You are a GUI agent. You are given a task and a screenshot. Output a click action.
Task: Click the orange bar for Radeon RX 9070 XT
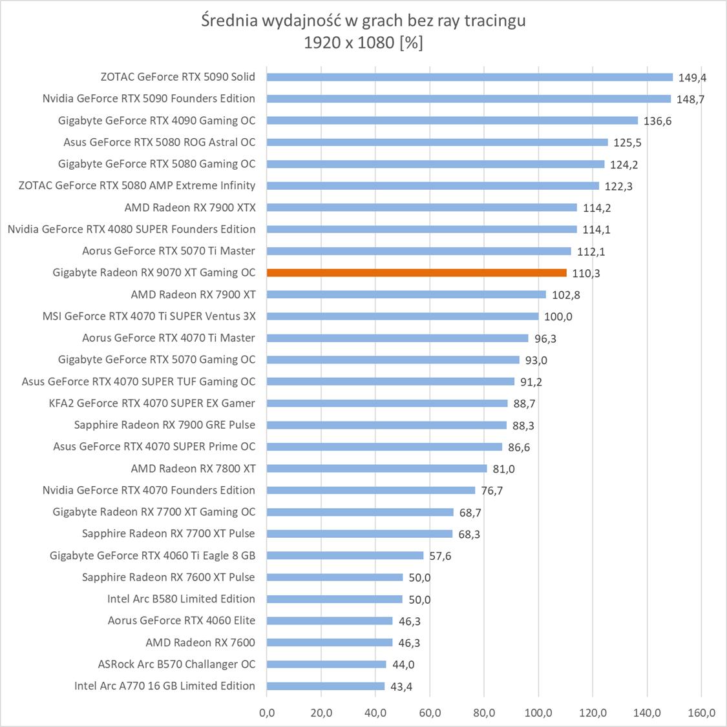416,272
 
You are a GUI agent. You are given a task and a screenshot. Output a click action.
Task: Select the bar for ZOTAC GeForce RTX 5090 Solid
470,77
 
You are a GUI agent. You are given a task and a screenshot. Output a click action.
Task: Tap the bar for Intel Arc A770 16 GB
325,686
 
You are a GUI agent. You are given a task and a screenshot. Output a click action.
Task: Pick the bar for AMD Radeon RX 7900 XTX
421,207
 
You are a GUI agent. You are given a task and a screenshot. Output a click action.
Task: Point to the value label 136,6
657,121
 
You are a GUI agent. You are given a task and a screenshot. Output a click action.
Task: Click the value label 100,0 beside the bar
558,316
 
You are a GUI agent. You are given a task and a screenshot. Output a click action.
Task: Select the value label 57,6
440,556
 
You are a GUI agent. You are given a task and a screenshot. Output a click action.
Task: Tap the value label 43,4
401,686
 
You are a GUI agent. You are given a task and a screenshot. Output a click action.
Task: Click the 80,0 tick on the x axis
484,713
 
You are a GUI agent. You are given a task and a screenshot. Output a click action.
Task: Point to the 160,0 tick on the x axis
701,713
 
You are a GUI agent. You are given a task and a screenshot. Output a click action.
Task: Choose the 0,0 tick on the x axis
266,713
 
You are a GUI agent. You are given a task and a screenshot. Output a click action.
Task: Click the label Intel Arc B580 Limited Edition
181,599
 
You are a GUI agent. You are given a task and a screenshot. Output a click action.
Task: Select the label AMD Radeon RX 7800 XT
193,468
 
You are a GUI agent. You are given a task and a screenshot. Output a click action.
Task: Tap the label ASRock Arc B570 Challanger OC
176,664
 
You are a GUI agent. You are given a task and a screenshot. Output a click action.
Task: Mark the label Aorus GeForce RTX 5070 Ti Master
168,251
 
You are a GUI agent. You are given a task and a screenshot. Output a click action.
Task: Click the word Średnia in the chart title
229,21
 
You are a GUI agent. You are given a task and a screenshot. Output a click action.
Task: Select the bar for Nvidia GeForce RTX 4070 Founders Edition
370,490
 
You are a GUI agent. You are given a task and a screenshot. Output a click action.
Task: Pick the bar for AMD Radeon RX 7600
329,642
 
